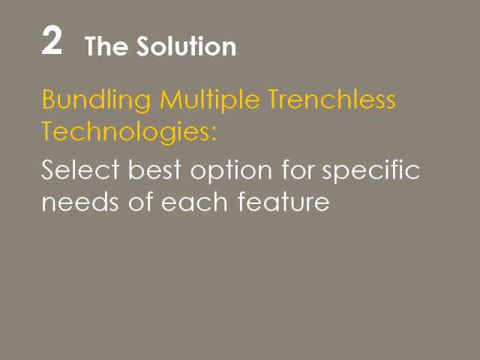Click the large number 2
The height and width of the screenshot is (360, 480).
pos(52,40)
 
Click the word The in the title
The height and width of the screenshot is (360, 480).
pos(106,46)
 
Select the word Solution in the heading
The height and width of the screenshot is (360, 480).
pos(186,46)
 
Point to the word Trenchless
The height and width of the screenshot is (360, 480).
pos(331,99)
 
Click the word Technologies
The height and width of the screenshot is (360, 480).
pos(124,133)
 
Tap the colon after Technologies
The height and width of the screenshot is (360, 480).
pos(213,136)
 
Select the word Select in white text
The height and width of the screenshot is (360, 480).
pos(80,169)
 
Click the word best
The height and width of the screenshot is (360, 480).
pos(155,169)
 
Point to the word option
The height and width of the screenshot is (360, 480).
pos(231,172)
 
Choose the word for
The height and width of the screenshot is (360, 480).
pos(298,169)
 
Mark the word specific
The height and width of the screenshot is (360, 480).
pos(370,172)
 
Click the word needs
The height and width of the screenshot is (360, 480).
pos(80,202)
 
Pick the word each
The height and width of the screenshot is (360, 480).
pos(194,201)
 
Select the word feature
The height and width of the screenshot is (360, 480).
pos(283,201)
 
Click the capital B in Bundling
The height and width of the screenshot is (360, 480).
pos(48,99)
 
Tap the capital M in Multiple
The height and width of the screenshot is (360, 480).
pos(169,99)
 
